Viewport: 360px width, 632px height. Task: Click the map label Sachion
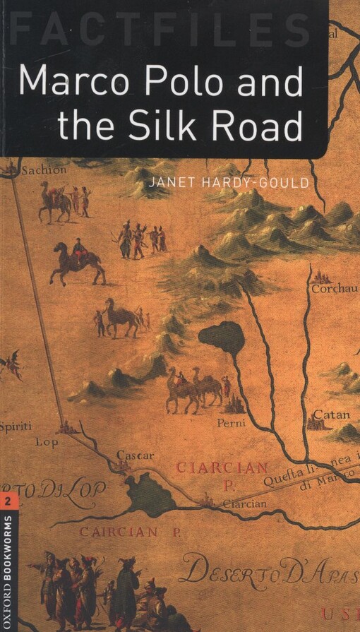tap(44, 169)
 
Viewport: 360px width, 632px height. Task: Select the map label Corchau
tap(332, 288)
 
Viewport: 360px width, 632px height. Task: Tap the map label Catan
tap(332, 414)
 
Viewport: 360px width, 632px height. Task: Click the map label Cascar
tap(135, 455)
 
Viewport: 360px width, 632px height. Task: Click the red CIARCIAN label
tap(222, 467)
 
